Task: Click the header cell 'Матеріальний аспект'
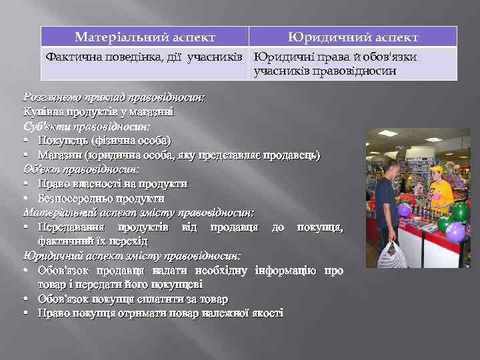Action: [x=145, y=37]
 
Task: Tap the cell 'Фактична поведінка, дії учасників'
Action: [x=145, y=57]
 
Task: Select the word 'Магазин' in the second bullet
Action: [x=62, y=155]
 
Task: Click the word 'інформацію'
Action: [x=286, y=271]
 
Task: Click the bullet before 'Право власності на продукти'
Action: [x=25, y=184]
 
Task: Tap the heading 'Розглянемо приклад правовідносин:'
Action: [x=113, y=97]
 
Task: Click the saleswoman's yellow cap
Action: [x=435, y=170]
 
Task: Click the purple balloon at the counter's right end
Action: [x=455, y=231]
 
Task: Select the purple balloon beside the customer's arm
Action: [x=404, y=210]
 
